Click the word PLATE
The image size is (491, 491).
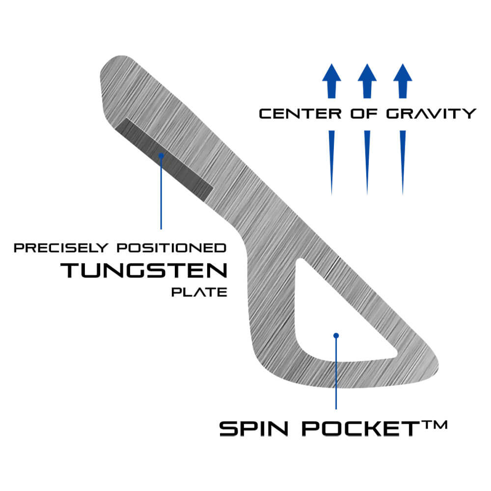199,293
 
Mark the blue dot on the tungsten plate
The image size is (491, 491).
161,155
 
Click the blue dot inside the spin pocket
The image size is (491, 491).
336,336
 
